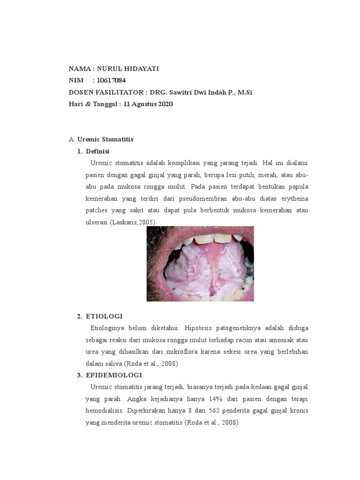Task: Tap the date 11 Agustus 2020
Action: coord(148,104)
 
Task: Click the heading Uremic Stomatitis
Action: coord(105,139)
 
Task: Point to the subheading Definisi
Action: coord(97,151)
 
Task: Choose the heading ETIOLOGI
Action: coord(104,316)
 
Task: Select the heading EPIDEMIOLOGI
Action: coord(113,375)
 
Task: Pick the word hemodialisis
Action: coord(105,410)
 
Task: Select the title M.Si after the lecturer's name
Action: coord(245,92)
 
